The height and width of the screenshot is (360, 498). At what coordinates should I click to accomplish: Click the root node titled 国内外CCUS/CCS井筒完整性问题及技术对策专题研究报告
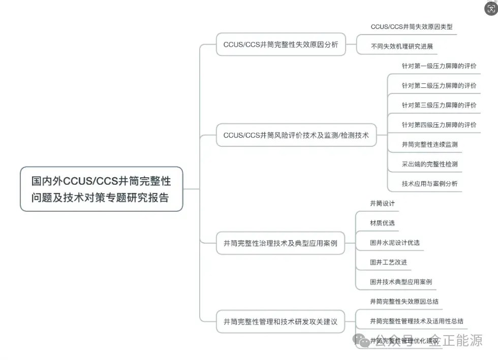click(101, 189)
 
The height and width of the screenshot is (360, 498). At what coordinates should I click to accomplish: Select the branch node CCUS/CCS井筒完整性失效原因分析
click(281, 45)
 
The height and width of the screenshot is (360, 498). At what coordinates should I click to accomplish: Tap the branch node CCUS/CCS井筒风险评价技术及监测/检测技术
click(296, 136)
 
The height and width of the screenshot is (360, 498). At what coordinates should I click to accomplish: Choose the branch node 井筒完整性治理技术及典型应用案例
click(281, 243)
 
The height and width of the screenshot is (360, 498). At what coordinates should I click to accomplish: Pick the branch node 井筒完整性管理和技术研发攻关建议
click(281, 321)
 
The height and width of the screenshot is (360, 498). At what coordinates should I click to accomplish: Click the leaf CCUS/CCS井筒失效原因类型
click(411, 26)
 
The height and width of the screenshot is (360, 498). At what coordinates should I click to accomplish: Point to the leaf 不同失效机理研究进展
click(401, 46)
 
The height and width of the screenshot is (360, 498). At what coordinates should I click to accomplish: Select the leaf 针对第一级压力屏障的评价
click(439, 66)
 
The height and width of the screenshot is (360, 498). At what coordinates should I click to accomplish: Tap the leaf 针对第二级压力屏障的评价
click(439, 86)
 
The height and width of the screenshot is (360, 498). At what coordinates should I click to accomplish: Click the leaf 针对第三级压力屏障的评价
click(439, 105)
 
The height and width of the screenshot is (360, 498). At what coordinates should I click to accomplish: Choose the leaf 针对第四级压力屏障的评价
click(439, 125)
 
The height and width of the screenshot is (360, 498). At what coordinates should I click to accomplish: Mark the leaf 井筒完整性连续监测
click(429, 144)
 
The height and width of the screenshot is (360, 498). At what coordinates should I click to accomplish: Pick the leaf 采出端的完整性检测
click(429, 164)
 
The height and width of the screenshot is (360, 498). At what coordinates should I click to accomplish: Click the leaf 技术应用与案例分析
click(429, 184)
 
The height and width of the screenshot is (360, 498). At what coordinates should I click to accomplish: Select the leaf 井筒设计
click(382, 204)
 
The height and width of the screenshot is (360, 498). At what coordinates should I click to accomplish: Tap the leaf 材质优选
click(382, 223)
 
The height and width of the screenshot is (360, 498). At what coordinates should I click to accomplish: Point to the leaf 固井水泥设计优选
click(395, 243)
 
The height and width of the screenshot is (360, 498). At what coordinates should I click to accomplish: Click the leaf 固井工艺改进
click(388, 263)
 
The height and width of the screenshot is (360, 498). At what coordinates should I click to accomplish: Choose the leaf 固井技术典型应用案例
click(401, 282)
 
